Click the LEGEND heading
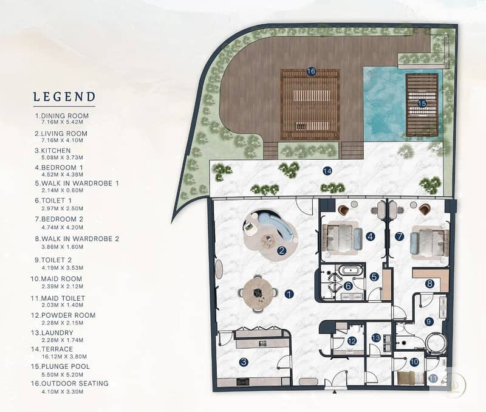coord(64,97)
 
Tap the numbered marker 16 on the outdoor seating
coord(311,71)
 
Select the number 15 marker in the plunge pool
coord(422,103)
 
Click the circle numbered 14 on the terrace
coord(327,171)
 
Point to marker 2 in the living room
coord(282,250)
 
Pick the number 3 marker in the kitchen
coord(244,362)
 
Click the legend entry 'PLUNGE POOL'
coord(65,366)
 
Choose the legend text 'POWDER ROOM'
coord(68,315)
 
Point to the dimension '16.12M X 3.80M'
coord(64,357)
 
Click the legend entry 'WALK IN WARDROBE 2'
coord(80,239)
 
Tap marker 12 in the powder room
coord(352,341)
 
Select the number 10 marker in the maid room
coord(414,362)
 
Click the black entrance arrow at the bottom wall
coord(335,391)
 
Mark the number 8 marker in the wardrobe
coord(430,283)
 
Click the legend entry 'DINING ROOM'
coord(65,115)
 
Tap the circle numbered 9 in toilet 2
coord(429,321)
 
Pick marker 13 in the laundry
coord(376,338)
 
